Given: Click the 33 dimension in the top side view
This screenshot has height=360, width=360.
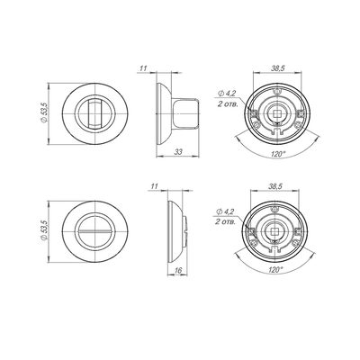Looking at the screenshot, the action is tap(178, 152).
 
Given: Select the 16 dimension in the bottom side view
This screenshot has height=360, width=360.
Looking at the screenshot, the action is tap(178, 270).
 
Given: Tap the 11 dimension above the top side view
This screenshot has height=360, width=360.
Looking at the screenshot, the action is tap(143, 68).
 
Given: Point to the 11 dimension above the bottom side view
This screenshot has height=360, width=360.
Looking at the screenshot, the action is tap(154, 186).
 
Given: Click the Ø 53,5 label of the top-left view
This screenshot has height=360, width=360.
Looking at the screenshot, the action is tap(44, 112).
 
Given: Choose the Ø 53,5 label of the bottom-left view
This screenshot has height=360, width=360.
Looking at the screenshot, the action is tap(44, 230).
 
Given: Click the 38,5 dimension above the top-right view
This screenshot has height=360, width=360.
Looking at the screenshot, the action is tap(278, 68).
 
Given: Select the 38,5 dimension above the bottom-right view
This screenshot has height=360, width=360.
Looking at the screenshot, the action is tap(275, 186).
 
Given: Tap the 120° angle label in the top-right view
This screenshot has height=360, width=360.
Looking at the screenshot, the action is tap(278, 154).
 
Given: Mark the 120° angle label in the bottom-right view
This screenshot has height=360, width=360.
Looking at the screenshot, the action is tap(275, 269).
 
